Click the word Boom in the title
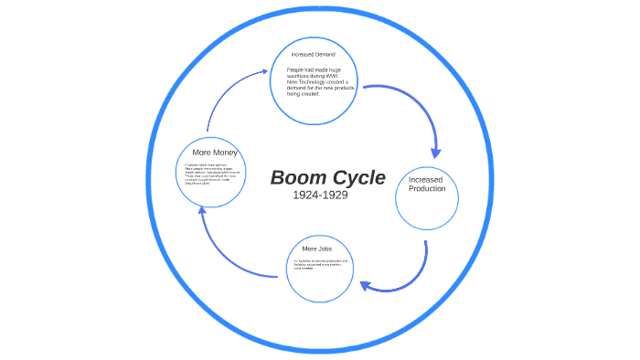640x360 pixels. tap(297, 177)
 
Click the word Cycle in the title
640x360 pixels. tap(357, 177)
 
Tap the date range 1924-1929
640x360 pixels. tap(320, 195)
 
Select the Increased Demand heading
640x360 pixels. tap(313, 55)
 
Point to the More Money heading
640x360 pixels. tap(215, 152)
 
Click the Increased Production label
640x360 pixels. tap(427, 184)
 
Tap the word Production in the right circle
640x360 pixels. tap(427, 189)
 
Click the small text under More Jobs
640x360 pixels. tap(320, 265)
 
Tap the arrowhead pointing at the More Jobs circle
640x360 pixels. tap(365, 286)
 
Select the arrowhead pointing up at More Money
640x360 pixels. tap(203, 211)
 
